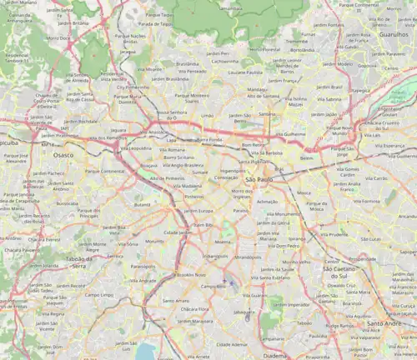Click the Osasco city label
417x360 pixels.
tap(63, 155)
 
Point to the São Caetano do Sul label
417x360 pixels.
tap(339, 272)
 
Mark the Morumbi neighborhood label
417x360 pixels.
tap(154, 242)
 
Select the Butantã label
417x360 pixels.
tap(143, 204)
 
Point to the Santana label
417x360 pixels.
tap(267, 113)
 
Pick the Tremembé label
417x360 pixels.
tap(295, 40)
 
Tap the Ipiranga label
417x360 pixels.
tap(296, 238)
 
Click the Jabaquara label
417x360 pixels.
tap(244, 312)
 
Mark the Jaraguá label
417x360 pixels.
tap(128, 52)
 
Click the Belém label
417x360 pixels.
tap(306, 157)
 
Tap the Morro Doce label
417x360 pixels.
tap(58, 37)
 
